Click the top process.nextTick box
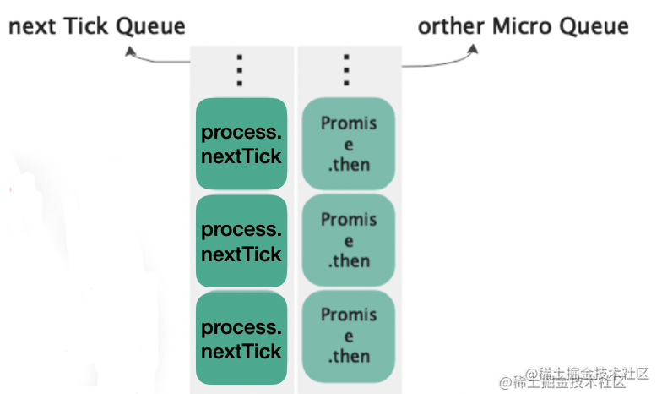point(241,144)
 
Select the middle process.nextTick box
point(241,241)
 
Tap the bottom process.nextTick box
point(241,338)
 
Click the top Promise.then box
point(349,144)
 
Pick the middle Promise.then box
point(349,240)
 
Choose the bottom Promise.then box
point(349,337)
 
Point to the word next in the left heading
point(32,27)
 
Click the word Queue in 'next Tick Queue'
point(150,27)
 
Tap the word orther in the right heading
point(451,26)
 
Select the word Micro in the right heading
point(522,26)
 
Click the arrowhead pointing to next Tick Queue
point(130,52)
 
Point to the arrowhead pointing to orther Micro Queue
point(473,49)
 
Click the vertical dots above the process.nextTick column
point(240,70)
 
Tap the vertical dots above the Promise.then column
point(346,70)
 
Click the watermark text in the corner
point(574,378)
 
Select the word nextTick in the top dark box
point(241,156)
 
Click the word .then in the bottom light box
point(349,357)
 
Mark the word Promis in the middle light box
point(349,220)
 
